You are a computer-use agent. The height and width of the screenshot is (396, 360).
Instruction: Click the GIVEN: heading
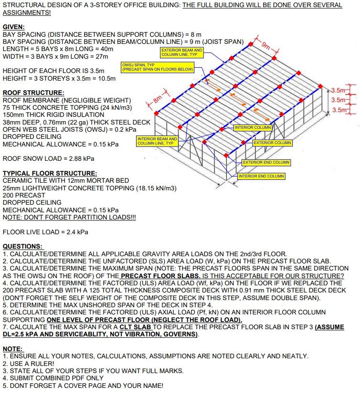[x=13, y=28]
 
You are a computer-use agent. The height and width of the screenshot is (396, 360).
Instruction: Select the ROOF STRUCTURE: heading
[x=33, y=93]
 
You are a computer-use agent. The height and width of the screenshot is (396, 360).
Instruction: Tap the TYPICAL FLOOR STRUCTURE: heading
[x=50, y=173]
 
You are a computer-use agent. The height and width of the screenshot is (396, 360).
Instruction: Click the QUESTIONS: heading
[x=23, y=246]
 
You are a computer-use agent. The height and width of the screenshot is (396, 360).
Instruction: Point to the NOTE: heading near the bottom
[x=12, y=349]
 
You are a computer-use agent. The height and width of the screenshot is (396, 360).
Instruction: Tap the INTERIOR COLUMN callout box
[x=253, y=127]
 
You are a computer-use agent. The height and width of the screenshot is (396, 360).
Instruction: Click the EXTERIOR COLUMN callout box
[x=272, y=143]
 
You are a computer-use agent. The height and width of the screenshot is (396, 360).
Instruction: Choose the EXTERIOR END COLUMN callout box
[x=266, y=162]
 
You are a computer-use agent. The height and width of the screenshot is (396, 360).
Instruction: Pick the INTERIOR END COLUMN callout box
[x=261, y=176]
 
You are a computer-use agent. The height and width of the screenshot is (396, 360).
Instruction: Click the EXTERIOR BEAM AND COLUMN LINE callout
[x=181, y=52]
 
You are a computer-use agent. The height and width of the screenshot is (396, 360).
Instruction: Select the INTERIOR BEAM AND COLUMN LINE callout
[x=157, y=141]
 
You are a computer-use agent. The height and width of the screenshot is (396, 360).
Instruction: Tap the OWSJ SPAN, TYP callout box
[x=158, y=67]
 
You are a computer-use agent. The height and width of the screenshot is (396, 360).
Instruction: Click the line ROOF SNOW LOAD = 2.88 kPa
[x=48, y=158]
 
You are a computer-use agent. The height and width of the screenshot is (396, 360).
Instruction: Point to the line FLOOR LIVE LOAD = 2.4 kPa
[x=45, y=232]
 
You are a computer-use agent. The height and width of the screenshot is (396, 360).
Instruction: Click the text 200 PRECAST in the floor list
[x=24, y=195]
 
